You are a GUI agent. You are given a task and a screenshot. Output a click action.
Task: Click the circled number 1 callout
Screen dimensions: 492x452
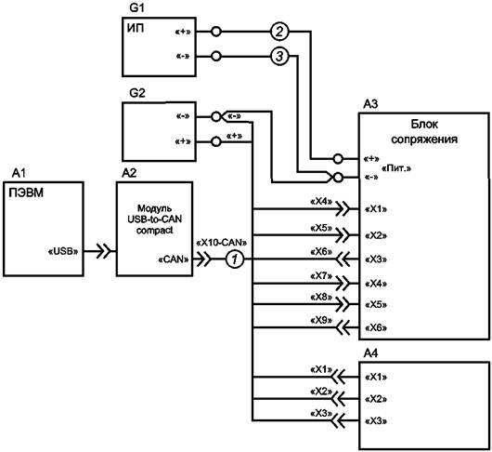[234, 259]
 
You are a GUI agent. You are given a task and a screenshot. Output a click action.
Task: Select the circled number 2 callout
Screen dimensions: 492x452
[279, 32]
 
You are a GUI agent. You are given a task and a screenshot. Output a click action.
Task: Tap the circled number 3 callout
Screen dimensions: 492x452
[279, 57]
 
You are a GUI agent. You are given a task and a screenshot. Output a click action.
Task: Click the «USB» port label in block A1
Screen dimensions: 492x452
[63, 251]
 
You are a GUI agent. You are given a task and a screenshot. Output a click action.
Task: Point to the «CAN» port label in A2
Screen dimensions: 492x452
[174, 259]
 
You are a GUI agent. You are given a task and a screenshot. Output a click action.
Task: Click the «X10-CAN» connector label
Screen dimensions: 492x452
[221, 243]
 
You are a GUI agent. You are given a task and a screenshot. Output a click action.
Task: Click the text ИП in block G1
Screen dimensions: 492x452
[136, 28]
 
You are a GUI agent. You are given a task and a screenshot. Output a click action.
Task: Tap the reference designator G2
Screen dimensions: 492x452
[137, 93]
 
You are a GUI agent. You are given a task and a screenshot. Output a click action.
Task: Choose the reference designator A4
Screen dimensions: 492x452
[370, 353]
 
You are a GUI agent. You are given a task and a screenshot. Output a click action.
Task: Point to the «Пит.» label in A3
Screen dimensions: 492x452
[396, 168]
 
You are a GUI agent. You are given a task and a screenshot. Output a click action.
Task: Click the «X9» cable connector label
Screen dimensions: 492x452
[321, 320]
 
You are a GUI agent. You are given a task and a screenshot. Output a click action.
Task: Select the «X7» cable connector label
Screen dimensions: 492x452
[321, 276]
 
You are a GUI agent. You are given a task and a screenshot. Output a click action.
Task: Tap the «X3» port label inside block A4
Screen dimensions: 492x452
[376, 421]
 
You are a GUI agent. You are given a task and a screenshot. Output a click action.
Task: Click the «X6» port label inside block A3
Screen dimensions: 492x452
[376, 328]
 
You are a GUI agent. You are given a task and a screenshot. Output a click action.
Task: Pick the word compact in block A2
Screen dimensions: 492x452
[154, 230]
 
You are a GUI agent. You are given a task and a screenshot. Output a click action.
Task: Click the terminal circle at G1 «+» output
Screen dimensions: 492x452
[216, 32]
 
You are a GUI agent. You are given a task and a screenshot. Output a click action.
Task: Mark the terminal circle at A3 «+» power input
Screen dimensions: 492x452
[338, 159]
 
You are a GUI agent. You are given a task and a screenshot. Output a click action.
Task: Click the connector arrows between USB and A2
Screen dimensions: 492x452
[104, 251]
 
